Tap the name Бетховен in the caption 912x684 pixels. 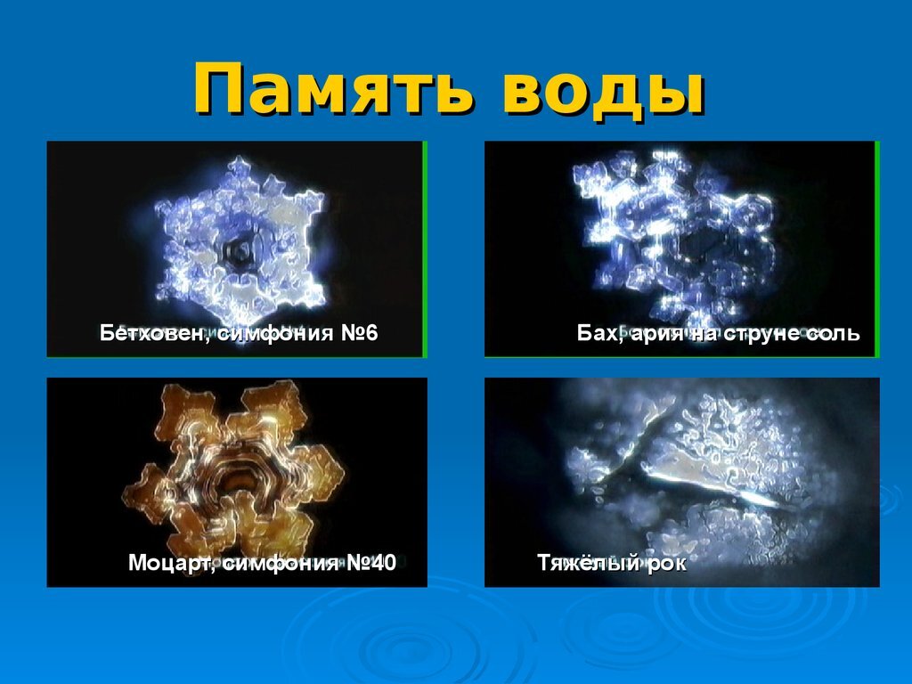(x=155, y=334)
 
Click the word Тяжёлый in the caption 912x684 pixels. (x=582, y=563)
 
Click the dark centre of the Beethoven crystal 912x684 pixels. (x=239, y=252)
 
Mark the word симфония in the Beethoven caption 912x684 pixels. (x=276, y=334)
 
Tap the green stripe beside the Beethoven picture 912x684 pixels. (x=425, y=249)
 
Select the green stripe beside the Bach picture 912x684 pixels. (x=877, y=249)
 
